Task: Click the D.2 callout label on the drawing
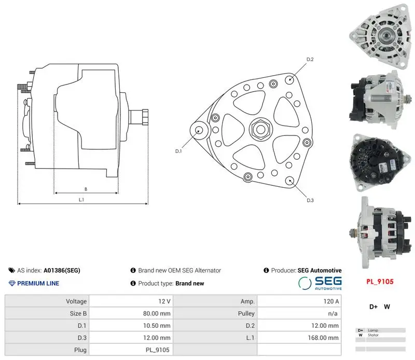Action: tap(310, 60)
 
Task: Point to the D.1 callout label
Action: tap(178, 151)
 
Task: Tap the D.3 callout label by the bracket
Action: tap(310, 200)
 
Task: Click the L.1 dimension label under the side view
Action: tap(81, 200)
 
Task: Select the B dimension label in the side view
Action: tap(86, 189)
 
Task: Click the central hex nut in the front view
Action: tap(261, 129)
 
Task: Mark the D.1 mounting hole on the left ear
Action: tap(199, 130)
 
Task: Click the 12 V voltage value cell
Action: tap(164, 301)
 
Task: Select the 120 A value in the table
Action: tap(331, 301)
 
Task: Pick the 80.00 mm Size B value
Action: tap(157, 313)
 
